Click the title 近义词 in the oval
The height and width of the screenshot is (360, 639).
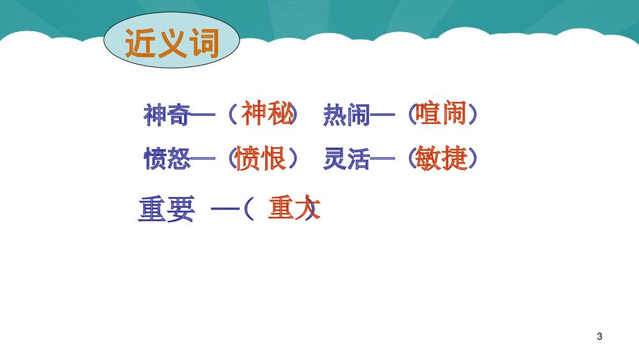[172, 44]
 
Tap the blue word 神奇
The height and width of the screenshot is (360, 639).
[166, 116]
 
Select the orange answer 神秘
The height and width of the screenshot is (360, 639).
[268, 114]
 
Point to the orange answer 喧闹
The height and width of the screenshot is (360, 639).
[441, 114]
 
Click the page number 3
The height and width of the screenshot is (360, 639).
[599, 336]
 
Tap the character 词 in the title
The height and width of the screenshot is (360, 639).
[204, 44]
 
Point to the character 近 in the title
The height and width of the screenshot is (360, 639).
[140, 44]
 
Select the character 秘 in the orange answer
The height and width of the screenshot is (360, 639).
[281, 114]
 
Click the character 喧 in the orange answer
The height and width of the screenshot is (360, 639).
[427, 114]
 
